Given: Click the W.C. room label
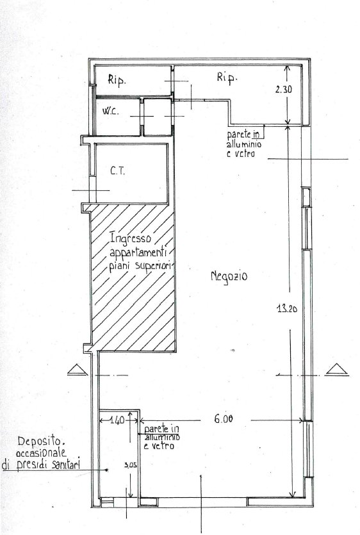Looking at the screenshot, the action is tap(111, 111).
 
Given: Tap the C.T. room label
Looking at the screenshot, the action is tap(118, 170).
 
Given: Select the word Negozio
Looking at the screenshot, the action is tap(229, 276).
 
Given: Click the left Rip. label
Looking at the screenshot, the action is tap(117, 80).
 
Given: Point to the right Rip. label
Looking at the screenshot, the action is tap(227, 78).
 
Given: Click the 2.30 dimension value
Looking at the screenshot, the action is tap(284, 90).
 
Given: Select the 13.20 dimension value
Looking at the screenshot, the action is tap(287, 309).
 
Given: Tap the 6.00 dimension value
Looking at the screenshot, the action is tap(224, 418).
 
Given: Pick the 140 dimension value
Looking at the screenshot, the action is tap(117, 420).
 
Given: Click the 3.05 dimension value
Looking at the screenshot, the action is tap(131, 465).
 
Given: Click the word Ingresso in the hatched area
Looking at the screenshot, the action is tap(130, 238).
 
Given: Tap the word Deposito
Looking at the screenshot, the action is tap(41, 441).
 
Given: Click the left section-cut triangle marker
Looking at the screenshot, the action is tap(78, 370).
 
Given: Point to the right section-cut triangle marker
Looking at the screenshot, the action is tap(337, 370).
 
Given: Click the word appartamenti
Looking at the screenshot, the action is tap(138, 254).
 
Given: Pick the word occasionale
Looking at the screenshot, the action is tap(41, 453).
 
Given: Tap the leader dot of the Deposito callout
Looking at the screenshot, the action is tap(106, 470).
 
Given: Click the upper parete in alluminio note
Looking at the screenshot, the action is tap(244, 144).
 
